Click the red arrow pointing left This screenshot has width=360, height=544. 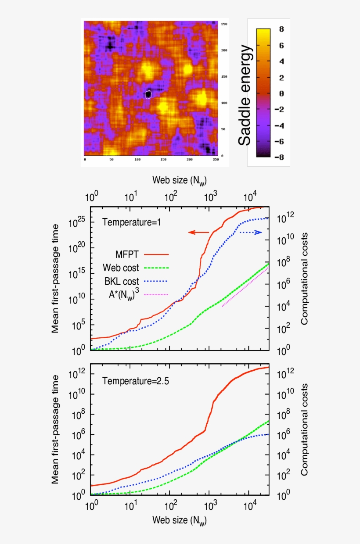(198, 233)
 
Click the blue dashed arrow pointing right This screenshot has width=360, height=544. (251, 233)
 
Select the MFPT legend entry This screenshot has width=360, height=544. (142, 254)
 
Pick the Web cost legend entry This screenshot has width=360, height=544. (136, 268)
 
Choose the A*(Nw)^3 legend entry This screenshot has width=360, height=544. (138, 294)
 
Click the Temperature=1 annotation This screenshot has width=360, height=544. (131, 222)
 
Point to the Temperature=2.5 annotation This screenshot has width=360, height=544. (135, 381)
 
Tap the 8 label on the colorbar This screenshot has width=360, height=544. (281, 29)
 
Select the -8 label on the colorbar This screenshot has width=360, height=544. (279, 157)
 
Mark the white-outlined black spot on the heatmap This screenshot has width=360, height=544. (148, 94)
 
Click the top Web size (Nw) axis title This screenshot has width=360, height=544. (180, 181)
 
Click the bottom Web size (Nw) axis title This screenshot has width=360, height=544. (180, 521)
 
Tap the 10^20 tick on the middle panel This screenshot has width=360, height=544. (76, 248)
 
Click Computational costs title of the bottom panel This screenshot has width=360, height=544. (304, 429)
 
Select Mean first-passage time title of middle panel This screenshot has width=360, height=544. (55, 278)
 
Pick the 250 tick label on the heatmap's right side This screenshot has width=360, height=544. (224, 24)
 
